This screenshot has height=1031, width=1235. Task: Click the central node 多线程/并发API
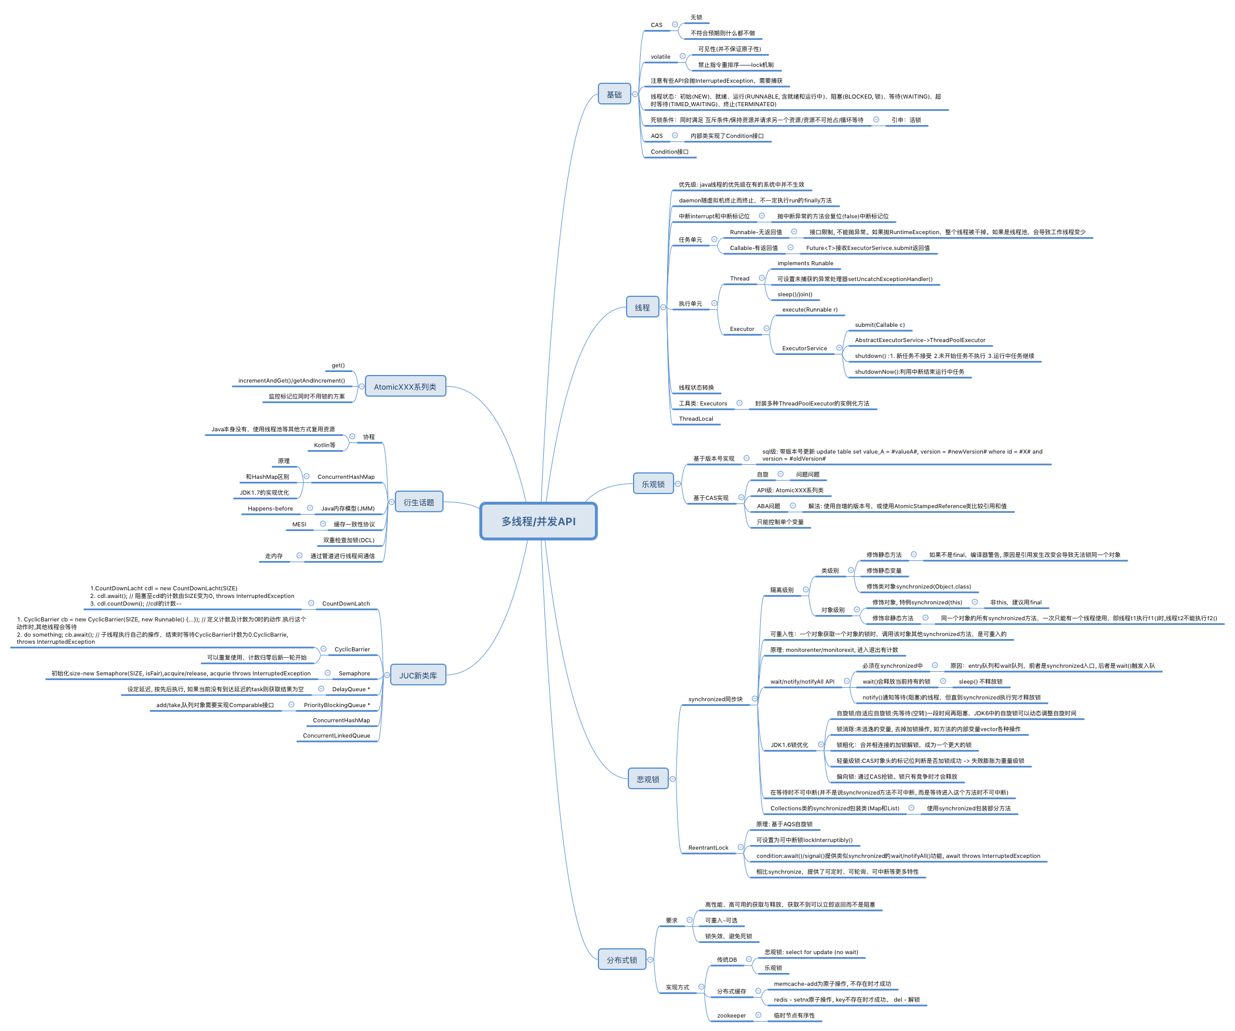click(x=538, y=521)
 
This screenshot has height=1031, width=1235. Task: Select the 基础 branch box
click(x=614, y=94)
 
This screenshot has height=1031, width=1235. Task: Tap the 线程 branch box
click(x=642, y=307)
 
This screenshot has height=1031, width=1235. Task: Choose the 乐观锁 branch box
click(x=653, y=484)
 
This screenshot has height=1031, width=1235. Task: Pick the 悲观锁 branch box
click(x=648, y=779)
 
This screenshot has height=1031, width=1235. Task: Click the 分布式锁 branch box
click(x=622, y=960)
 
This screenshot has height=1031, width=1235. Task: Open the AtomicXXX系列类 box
click(x=405, y=386)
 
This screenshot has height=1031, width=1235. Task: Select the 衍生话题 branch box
click(x=418, y=502)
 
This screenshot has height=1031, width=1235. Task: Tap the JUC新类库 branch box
click(x=418, y=675)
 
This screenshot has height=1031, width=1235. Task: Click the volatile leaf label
click(x=660, y=57)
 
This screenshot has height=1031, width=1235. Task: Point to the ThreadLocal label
click(x=696, y=419)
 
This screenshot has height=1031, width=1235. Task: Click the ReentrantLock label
click(x=708, y=847)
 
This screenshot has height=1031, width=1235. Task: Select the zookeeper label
click(x=731, y=1015)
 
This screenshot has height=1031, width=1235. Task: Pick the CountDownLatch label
click(x=346, y=603)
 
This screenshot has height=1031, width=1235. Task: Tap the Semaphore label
click(x=354, y=674)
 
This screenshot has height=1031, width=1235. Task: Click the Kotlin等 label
click(x=324, y=445)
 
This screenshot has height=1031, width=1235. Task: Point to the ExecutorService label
click(x=804, y=348)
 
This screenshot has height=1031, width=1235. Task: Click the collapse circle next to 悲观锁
click(x=673, y=779)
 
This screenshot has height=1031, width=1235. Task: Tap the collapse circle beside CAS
click(x=675, y=25)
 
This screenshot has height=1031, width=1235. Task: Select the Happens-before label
click(x=270, y=509)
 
